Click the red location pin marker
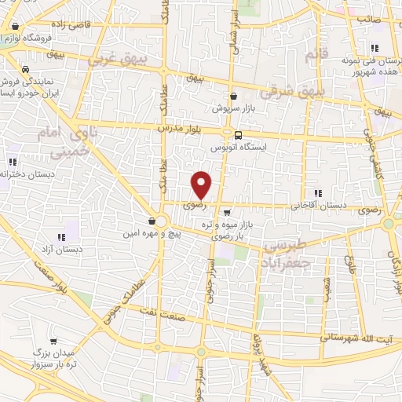[202, 185]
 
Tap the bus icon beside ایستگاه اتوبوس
[238, 134]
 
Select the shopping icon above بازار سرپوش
[234, 96]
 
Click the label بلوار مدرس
[174, 126]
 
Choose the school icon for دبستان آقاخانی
[317, 193]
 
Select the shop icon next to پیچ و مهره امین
[152, 221]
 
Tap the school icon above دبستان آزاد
[60, 237]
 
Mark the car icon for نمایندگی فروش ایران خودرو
[27, 68]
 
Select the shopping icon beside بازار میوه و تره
[227, 212]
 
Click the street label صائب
[369, 17]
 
